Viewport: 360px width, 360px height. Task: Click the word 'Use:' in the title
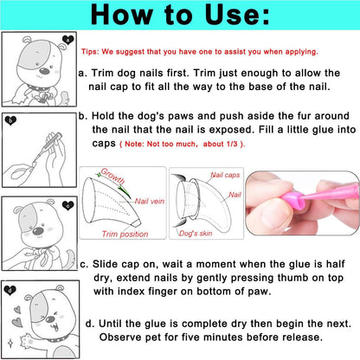[237, 15]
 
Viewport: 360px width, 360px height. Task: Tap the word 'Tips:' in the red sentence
[90, 52]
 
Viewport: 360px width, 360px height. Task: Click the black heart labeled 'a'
[68, 40]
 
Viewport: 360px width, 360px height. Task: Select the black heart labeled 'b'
[10, 120]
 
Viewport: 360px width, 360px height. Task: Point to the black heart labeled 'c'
[68, 205]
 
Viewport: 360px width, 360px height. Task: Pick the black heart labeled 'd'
[10, 290]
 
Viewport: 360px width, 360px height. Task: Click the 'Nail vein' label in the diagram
[150, 201]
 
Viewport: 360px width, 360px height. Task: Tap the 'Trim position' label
[125, 234]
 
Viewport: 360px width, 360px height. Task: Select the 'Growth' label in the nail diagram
[112, 176]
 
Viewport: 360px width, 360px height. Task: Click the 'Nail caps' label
[225, 175]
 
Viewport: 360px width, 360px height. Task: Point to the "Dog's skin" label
[196, 233]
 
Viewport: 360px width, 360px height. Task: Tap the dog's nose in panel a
[44, 71]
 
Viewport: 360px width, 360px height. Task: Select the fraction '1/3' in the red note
[231, 144]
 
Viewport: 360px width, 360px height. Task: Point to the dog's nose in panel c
[38, 231]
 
